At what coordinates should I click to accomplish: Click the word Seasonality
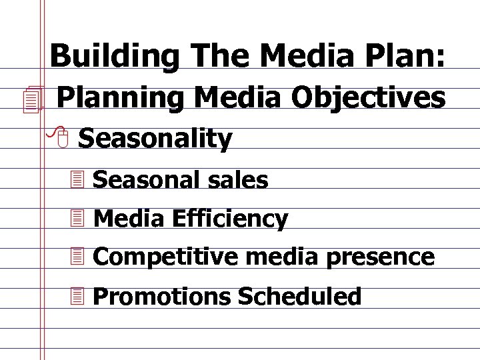[x=155, y=139]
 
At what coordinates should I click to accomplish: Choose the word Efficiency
[x=231, y=219]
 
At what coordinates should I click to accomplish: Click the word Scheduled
[x=299, y=297]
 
